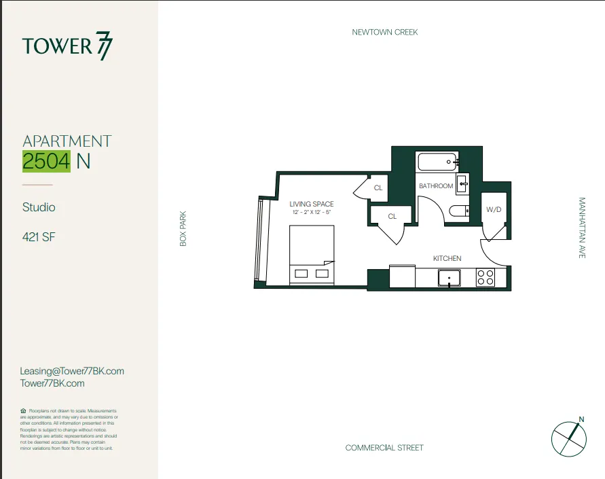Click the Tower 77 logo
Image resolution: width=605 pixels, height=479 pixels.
point(68,46)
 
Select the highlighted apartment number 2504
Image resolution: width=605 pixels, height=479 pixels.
point(46,162)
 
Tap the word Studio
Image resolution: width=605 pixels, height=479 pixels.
point(39,207)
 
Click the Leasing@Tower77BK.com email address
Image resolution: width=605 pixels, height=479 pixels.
point(73,371)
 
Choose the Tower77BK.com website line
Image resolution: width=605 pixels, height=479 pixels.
point(53,383)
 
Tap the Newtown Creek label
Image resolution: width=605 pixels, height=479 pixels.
point(384,32)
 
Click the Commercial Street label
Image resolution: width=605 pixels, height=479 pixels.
point(384,448)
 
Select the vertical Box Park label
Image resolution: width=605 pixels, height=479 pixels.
point(183,228)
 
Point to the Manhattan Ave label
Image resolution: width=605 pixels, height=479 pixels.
point(582,228)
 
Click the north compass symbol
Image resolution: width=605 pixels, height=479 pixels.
point(568,438)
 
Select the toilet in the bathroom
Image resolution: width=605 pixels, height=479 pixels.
point(460,211)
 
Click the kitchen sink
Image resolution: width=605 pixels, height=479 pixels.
point(449,277)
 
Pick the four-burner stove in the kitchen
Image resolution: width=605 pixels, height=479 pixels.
point(485,277)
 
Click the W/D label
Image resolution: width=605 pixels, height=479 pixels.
point(494,210)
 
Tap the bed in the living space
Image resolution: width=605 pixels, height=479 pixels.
point(312,255)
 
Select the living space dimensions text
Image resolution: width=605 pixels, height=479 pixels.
point(312,212)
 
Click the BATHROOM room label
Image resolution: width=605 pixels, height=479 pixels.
point(435,186)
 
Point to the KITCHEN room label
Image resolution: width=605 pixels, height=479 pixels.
point(447,258)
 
